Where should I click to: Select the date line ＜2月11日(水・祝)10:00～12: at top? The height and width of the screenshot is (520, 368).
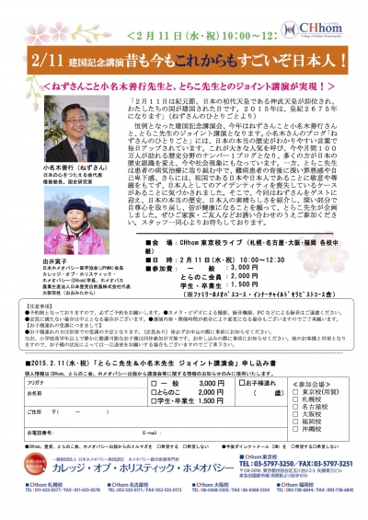(183, 17)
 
